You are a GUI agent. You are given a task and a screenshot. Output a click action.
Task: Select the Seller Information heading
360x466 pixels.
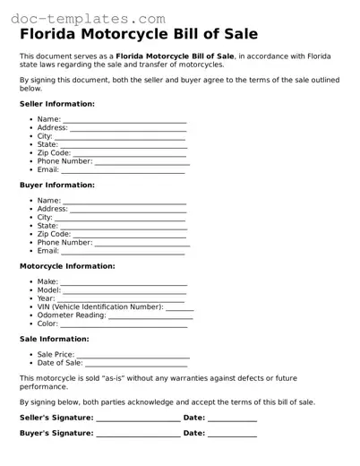[x=56, y=104]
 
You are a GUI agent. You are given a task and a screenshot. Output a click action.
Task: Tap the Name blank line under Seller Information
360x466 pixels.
[x=124, y=119]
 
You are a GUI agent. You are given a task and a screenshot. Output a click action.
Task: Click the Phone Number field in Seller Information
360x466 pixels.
[x=141, y=161]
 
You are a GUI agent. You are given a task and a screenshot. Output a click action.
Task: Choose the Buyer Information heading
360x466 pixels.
[x=56, y=185]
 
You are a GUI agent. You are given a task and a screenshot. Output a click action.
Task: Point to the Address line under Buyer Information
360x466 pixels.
[x=128, y=209]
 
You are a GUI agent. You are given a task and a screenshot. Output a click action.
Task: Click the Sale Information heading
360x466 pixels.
[x=54, y=339]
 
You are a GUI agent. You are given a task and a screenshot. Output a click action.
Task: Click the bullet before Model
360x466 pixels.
[x=32, y=290]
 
